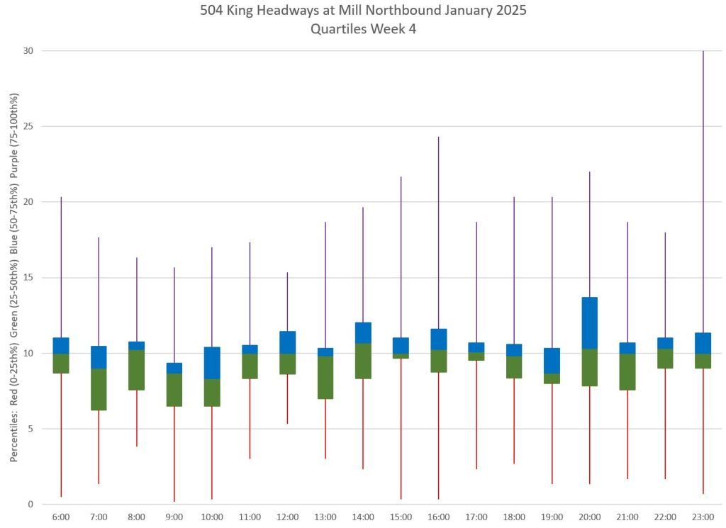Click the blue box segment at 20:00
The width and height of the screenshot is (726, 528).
click(x=589, y=322)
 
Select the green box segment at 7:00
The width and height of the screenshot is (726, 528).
click(x=99, y=389)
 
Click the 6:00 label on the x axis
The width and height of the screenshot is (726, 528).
click(x=61, y=517)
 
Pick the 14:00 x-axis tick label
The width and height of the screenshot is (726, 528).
click(x=363, y=517)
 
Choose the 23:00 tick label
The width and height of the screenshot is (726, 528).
click(x=703, y=517)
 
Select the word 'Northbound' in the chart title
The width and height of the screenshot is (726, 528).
click(x=405, y=11)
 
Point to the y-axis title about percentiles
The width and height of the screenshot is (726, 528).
click(x=14, y=277)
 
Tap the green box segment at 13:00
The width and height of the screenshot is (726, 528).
click(x=325, y=377)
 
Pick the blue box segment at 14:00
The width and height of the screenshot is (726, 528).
click(x=363, y=332)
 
